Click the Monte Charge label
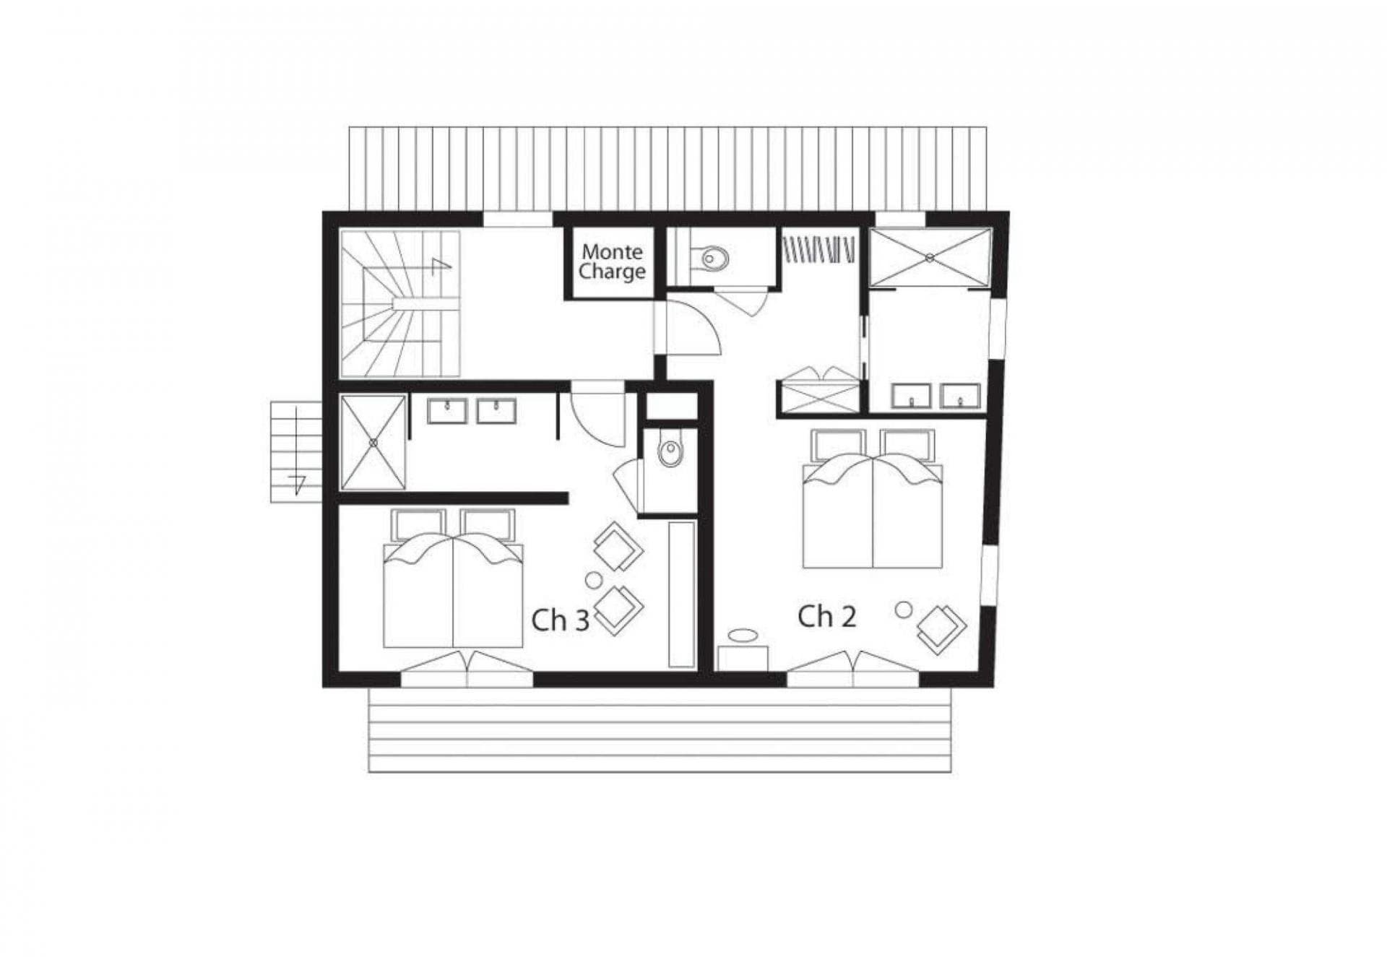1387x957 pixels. point(611,261)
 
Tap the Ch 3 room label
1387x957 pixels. point(561,620)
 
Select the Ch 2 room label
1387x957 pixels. point(827,616)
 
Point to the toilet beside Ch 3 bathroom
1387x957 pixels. point(670,453)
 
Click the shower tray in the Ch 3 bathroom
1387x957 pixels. point(373,442)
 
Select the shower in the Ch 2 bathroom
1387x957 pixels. point(930,257)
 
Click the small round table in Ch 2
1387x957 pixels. point(903,610)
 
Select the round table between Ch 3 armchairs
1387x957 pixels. point(593,579)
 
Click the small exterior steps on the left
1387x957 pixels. point(295,451)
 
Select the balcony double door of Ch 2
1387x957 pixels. point(853,668)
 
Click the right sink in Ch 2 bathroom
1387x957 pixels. point(960,396)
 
